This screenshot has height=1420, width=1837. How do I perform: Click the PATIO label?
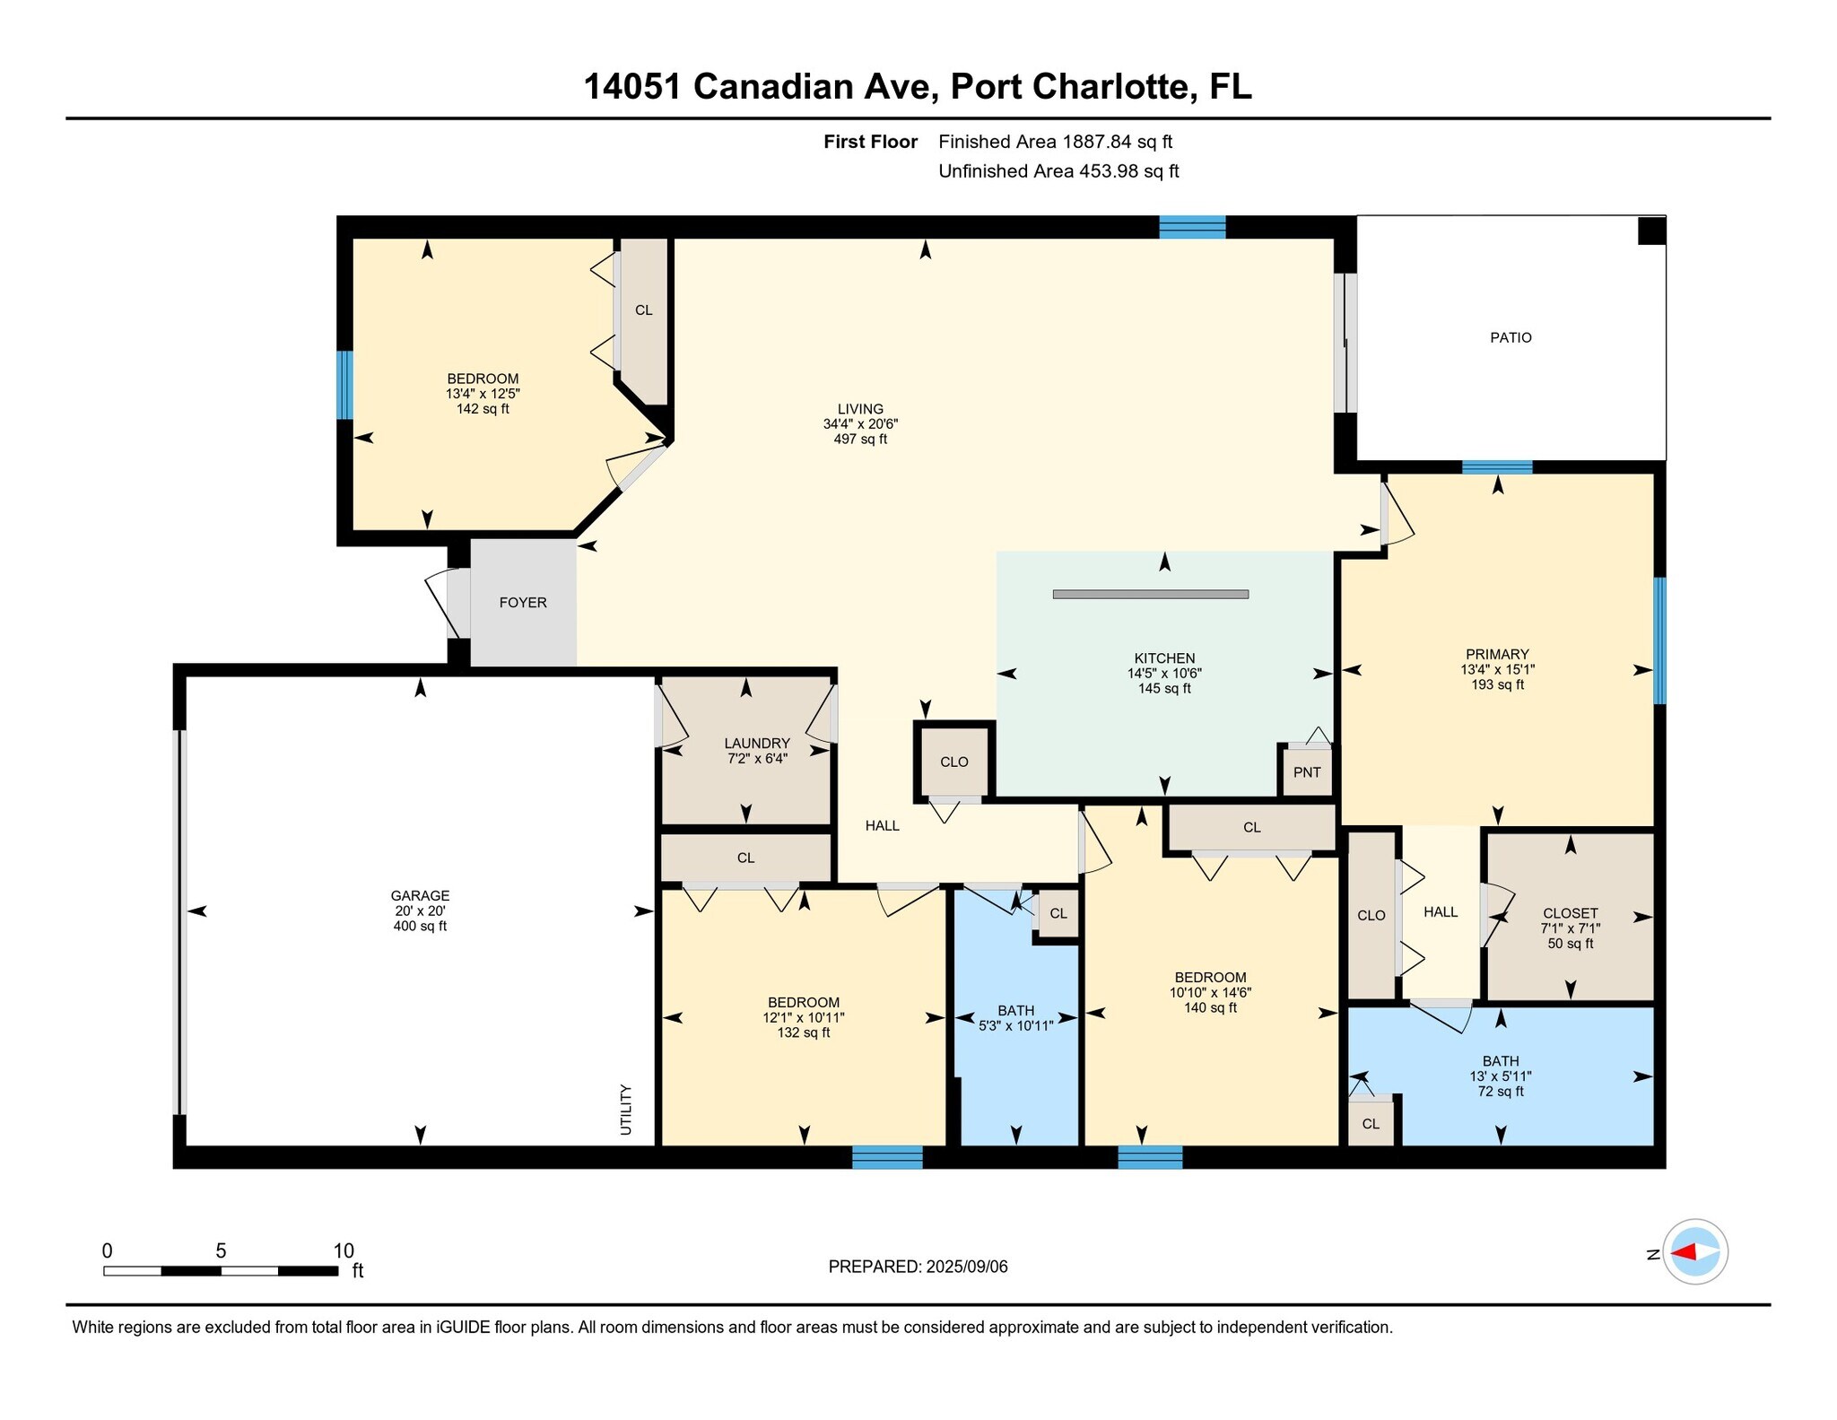[1511, 338]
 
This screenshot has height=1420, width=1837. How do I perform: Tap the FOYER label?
[523, 603]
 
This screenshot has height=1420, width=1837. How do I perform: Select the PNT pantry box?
[1307, 771]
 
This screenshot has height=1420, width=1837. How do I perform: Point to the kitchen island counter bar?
[1151, 594]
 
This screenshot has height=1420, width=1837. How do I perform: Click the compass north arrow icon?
[1695, 1252]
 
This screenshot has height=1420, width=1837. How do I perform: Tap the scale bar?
[221, 1270]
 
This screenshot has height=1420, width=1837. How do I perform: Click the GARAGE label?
[420, 895]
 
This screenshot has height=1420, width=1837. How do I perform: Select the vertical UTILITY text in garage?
[626, 1110]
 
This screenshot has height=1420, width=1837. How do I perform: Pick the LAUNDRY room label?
[757, 744]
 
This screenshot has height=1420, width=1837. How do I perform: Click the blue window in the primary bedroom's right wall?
[1660, 640]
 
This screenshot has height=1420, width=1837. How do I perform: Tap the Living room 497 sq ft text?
[860, 440]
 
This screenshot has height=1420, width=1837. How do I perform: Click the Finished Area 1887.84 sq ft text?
[1056, 142]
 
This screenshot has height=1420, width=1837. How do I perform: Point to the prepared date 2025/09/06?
[967, 1267]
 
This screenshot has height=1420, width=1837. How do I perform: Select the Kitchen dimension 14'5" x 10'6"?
[1164, 674]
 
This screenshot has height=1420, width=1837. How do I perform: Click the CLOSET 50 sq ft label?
[1571, 928]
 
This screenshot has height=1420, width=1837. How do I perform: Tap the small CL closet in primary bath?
[1371, 1123]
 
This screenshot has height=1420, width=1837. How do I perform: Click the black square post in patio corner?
[1651, 231]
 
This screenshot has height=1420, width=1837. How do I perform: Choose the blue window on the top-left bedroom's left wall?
[344, 385]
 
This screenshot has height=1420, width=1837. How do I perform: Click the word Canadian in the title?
[770, 87]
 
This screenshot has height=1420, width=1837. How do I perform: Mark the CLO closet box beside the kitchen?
[954, 762]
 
